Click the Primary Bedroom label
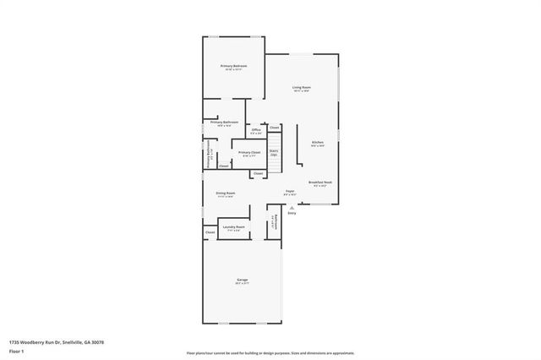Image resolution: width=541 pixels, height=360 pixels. coord(233,66)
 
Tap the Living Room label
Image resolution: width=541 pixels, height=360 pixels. coord(302,87)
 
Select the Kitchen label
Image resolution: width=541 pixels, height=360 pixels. coord(317,142)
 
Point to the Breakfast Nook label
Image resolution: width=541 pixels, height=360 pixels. coord(320,183)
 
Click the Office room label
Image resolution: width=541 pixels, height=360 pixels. coord(255,129)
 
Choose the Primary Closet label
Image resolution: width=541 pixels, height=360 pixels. coord(249,153)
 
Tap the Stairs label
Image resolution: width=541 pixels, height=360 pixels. coord(274,152)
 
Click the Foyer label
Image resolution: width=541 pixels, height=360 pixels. coord(289,192)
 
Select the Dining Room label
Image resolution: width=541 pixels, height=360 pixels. coord(225,193)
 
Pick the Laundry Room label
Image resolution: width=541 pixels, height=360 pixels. coord(234,226)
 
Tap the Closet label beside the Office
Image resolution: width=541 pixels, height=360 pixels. coord(275,128)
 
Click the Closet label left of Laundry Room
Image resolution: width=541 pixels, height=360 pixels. coord(210,232)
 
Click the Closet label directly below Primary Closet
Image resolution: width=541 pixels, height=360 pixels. coord(258,173)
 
